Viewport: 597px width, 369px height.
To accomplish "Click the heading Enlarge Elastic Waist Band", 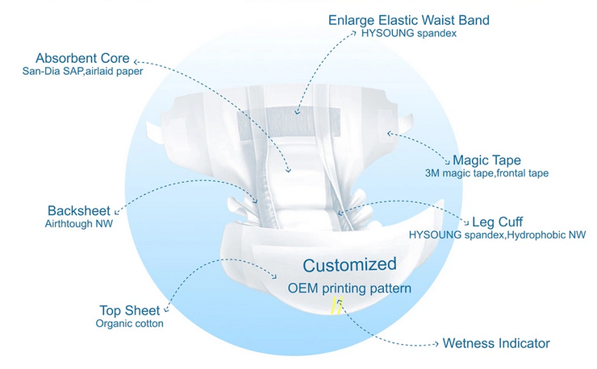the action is pos(408,20).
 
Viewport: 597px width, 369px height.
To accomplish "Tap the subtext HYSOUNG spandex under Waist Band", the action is pos(409,34).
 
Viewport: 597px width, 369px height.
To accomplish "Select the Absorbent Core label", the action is pos(82,58).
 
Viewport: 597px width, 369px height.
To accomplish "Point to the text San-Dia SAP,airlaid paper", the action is pos(82,71).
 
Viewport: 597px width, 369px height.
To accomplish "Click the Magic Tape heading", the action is pos(486,160).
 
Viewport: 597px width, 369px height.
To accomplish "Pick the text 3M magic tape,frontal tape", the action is pos(486,173).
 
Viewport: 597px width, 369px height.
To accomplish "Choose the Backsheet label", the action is pos(79,211).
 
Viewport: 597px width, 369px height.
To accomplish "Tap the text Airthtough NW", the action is pos(79,224).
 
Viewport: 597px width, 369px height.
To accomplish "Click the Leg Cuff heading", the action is pos(497,222).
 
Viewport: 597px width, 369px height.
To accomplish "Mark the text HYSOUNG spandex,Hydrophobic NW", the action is pos(497,235).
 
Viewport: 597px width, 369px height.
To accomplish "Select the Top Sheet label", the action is pos(129,310).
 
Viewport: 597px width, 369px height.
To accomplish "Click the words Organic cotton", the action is pos(129,324).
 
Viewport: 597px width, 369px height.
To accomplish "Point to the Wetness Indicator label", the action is pos(496,343).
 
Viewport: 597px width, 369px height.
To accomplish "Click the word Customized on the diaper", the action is pos(349,265).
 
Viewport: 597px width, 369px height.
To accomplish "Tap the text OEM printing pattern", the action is pos(349,288).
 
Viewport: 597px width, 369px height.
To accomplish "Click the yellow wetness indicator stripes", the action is pos(336,306).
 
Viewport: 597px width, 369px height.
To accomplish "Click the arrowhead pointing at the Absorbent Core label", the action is pos(136,61).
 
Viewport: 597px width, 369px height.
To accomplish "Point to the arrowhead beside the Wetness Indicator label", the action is pos(436,344).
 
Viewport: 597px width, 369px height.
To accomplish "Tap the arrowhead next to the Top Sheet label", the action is pos(166,310).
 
